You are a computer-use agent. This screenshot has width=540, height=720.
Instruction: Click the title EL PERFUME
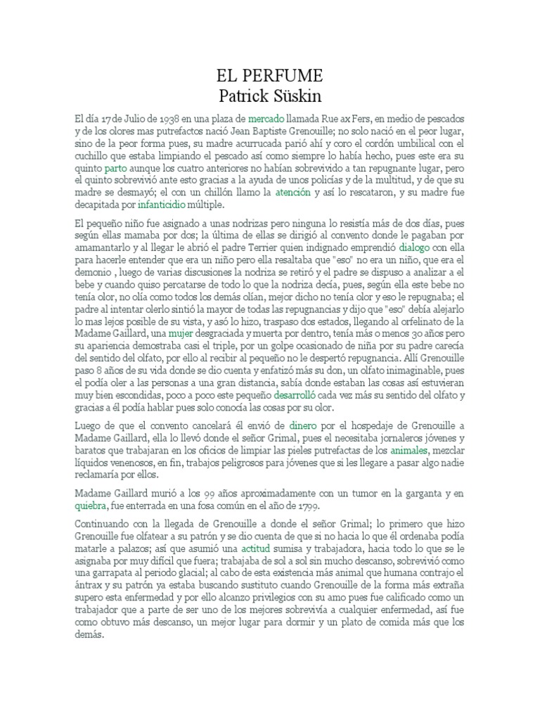point(270,75)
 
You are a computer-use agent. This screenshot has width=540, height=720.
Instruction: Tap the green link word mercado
point(266,119)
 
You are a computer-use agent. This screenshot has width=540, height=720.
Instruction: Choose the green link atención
point(292,192)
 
